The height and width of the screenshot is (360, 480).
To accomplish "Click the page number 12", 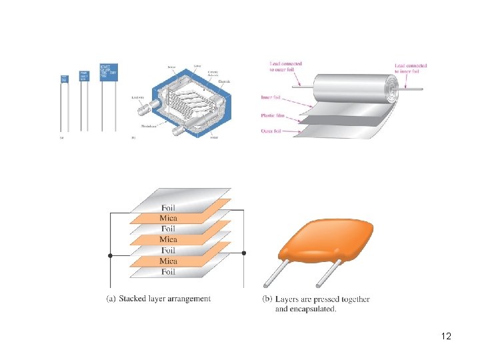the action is [446, 336].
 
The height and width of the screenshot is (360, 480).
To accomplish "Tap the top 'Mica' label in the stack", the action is [168, 218].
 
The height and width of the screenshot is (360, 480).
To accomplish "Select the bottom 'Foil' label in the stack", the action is [168, 271].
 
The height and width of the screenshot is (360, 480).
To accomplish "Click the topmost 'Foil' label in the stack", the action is [168, 207].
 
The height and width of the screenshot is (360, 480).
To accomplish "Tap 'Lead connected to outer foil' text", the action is [285, 67].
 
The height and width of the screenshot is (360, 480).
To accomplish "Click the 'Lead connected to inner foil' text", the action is [410, 68].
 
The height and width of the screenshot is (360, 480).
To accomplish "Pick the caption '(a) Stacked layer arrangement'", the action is [159, 299].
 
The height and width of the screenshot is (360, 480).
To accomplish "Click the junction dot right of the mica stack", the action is [244, 253].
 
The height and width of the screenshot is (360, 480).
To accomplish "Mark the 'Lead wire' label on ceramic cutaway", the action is [139, 96].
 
